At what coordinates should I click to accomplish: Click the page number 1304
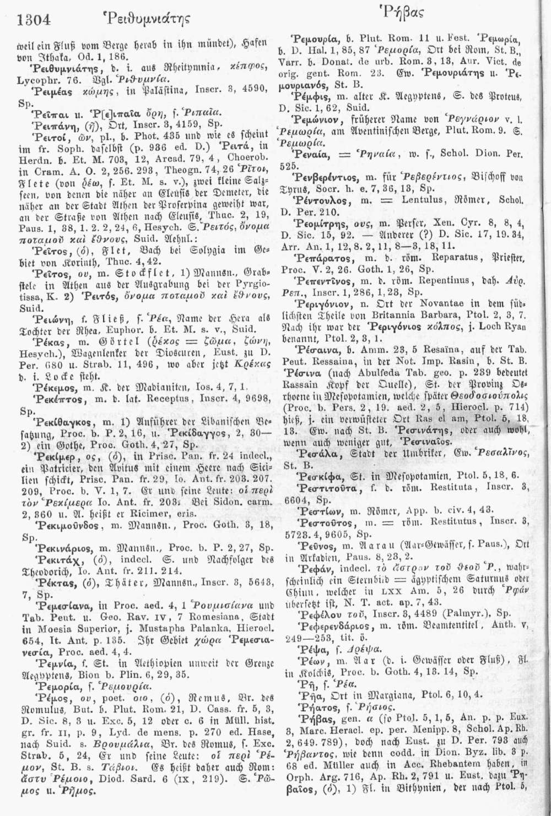(x=34, y=20)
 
